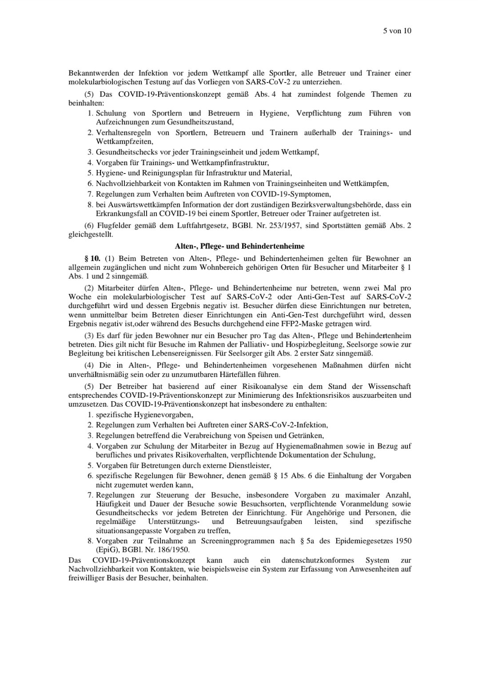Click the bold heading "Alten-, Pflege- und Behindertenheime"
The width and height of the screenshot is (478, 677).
pos(239,246)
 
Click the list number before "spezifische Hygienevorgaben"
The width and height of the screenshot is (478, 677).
pos(90,415)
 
